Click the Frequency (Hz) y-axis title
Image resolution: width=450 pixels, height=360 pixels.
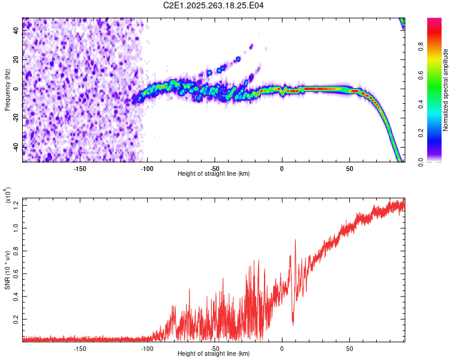[x=8, y=89]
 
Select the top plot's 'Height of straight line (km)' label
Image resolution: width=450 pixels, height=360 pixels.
[x=214, y=173]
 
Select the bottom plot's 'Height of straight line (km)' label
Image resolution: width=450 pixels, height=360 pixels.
[x=214, y=353]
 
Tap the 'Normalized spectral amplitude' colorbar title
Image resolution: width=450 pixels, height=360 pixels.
[x=446, y=90]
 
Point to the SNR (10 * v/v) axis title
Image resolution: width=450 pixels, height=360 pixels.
[x=8, y=269]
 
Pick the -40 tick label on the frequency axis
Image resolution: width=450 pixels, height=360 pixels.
[x=16, y=147]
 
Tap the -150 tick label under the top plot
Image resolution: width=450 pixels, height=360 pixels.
[x=79, y=168]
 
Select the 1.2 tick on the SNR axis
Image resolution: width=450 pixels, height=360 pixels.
[x=16, y=205]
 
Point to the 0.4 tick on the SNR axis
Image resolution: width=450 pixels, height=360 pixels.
[x=16, y=296]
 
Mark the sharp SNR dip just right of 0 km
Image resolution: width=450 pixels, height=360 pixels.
[x=293, y=324]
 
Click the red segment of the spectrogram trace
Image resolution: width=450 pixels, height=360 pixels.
[x=318, y=89]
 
